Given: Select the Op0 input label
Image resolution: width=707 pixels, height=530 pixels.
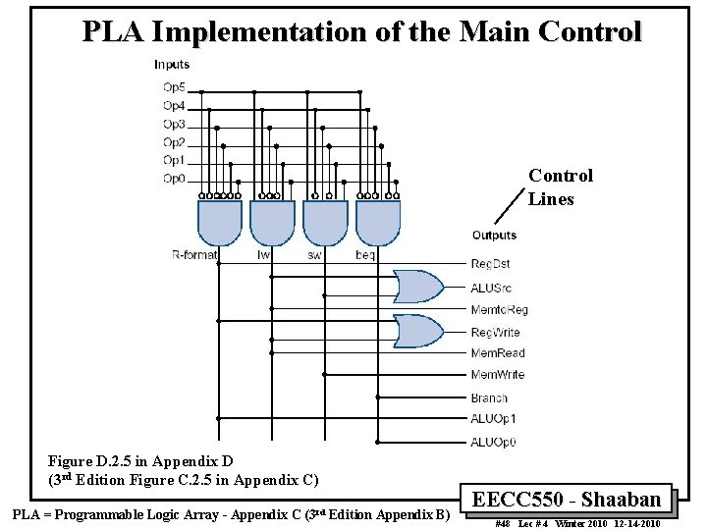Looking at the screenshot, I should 174,179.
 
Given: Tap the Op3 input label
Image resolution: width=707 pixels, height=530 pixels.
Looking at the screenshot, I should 174,125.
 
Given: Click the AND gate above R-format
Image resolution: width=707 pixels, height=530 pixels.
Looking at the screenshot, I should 220,223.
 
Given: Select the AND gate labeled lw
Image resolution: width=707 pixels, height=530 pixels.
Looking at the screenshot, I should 272,223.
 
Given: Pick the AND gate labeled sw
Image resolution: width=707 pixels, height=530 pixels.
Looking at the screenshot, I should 325,223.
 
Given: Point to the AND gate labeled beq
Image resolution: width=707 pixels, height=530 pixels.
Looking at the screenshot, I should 378,223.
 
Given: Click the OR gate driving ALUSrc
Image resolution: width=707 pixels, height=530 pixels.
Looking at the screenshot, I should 417,287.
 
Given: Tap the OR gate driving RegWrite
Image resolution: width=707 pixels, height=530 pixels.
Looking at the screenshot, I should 417,332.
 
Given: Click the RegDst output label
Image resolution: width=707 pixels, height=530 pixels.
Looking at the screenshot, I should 490,264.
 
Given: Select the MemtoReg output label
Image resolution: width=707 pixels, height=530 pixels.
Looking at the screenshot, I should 499,309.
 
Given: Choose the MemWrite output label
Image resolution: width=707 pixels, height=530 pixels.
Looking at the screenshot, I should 497,375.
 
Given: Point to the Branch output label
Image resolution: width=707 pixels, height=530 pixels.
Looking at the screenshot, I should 489,397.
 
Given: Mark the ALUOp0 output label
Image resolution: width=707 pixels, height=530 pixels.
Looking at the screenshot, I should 493,442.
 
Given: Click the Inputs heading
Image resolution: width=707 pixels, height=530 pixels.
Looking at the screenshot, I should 172,65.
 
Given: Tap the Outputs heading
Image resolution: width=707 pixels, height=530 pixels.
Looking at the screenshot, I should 494,236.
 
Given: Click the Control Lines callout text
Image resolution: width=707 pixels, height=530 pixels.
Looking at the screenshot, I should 561,187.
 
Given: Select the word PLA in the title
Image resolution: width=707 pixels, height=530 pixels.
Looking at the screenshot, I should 111,32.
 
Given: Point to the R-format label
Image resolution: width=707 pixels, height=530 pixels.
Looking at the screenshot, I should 194,255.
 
